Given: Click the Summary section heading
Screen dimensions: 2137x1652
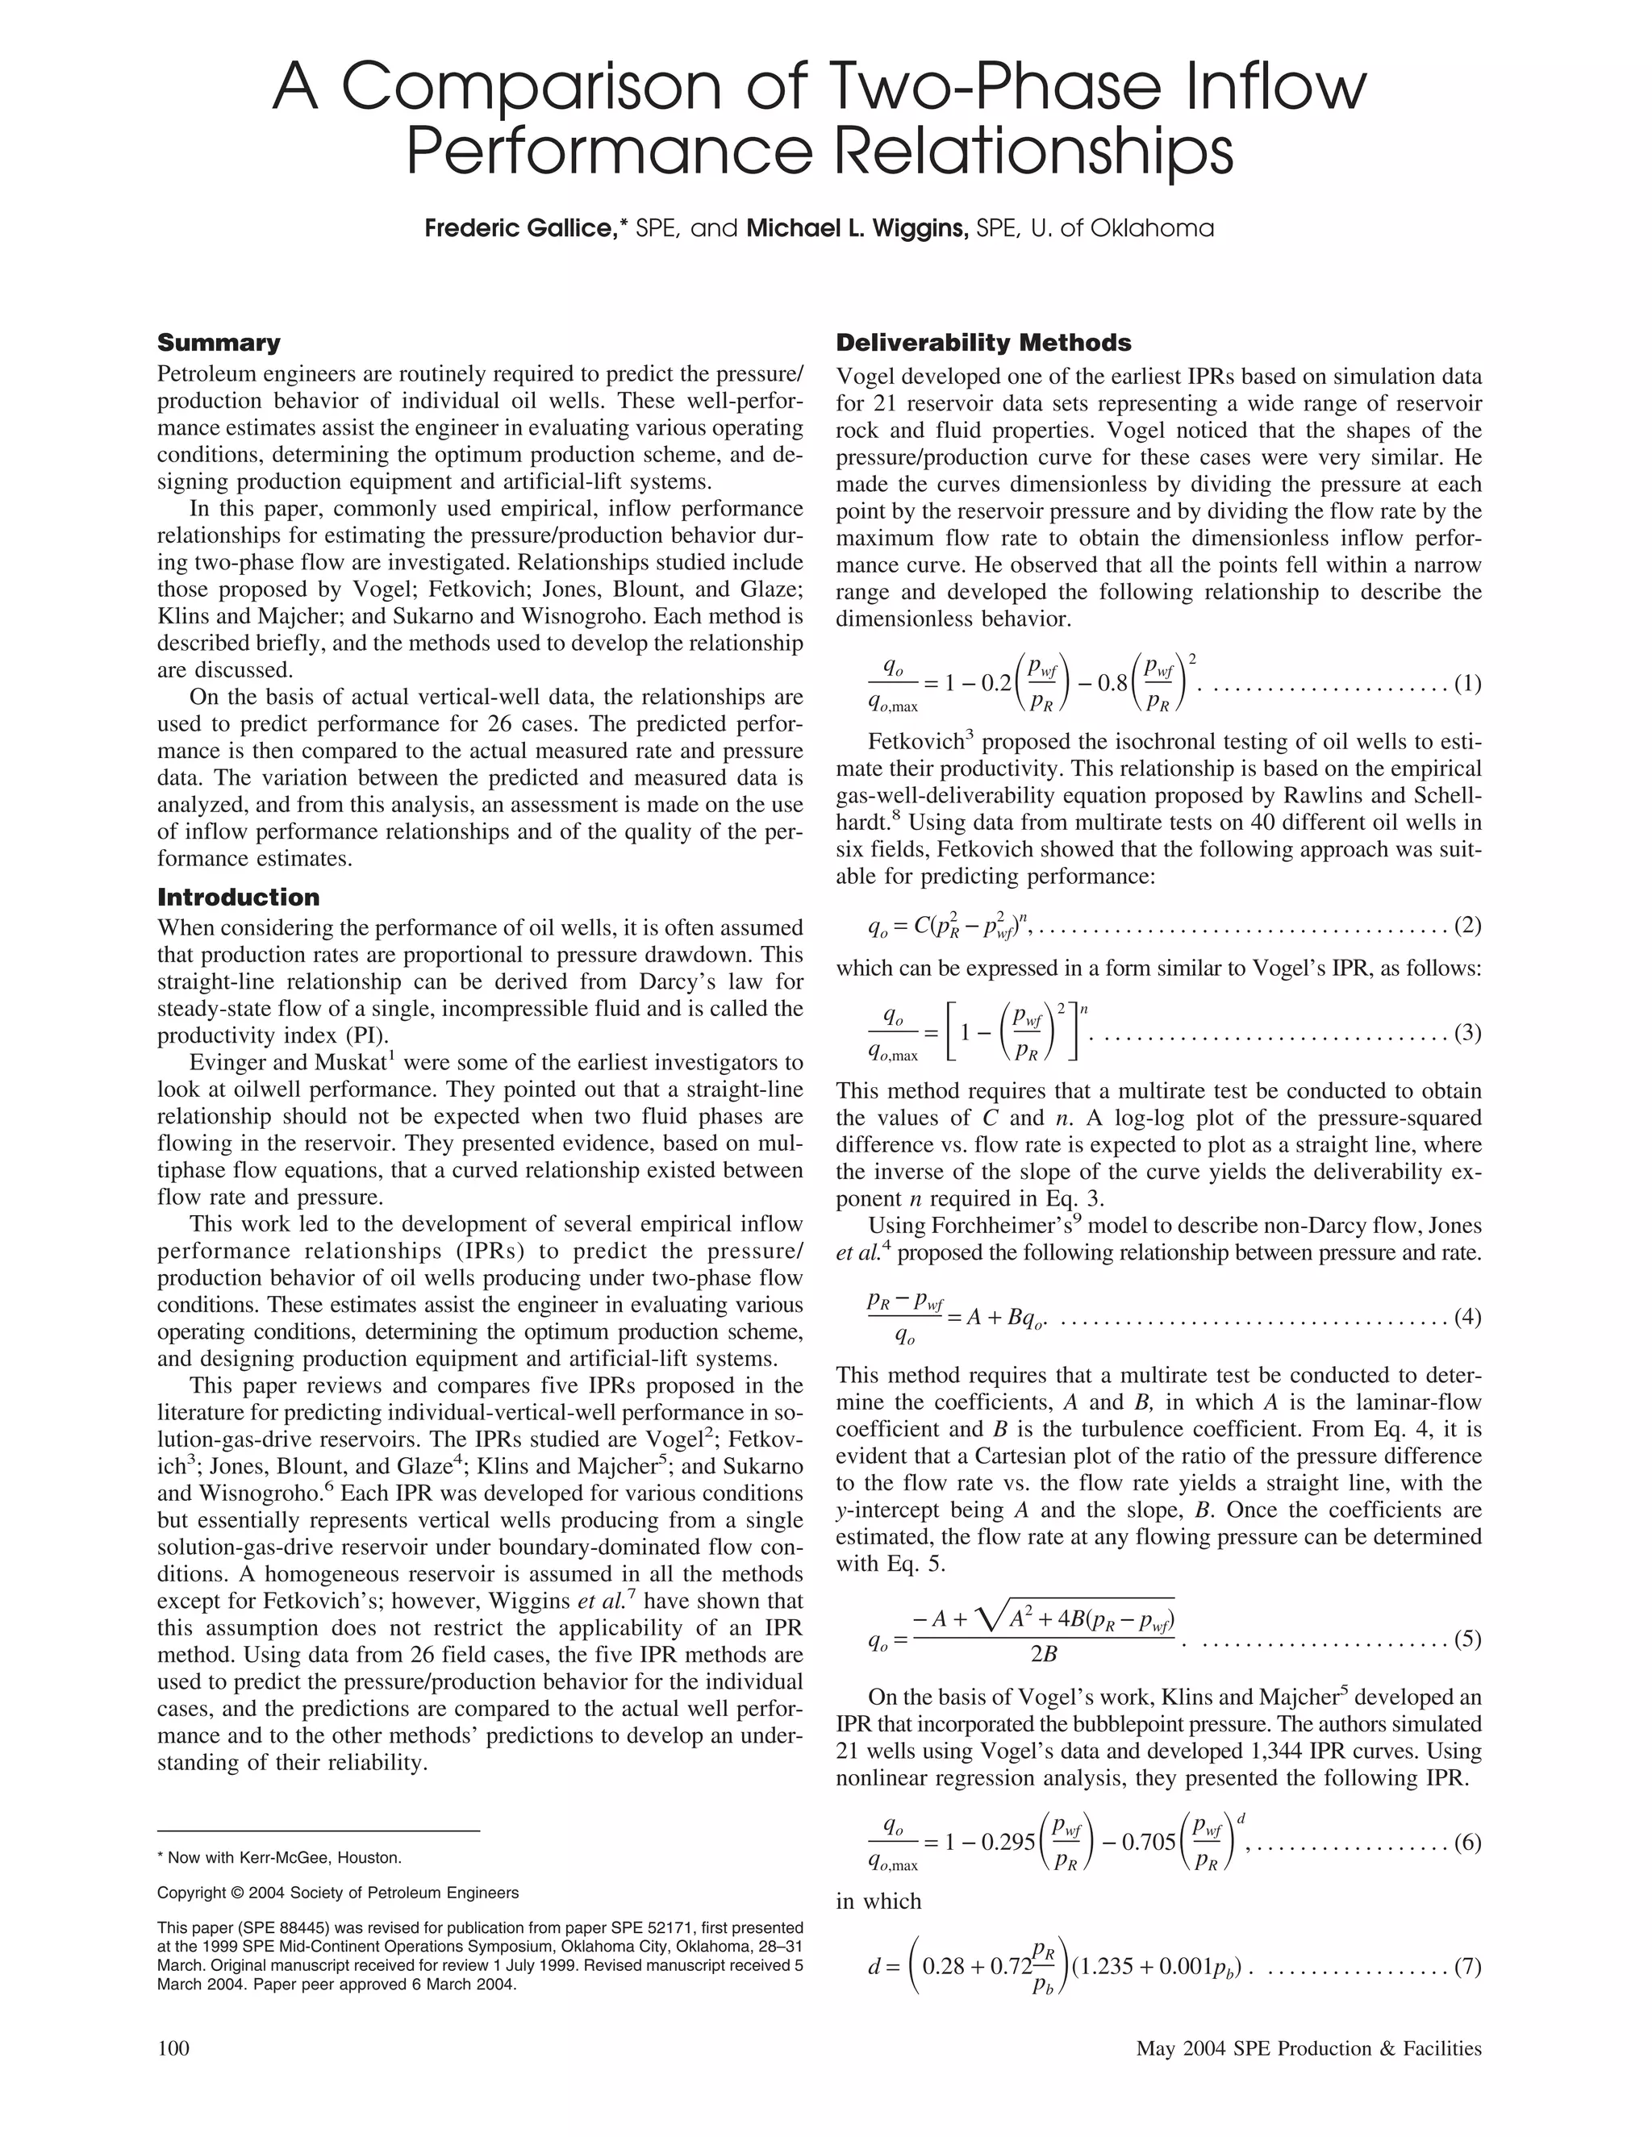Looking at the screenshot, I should tap(219, 343).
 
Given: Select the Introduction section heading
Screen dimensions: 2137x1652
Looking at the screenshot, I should tap(238, 898).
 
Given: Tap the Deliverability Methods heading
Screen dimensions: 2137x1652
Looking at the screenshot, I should tap(982, 343).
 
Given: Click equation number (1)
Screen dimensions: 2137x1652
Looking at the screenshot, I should tap(1467, 684).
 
